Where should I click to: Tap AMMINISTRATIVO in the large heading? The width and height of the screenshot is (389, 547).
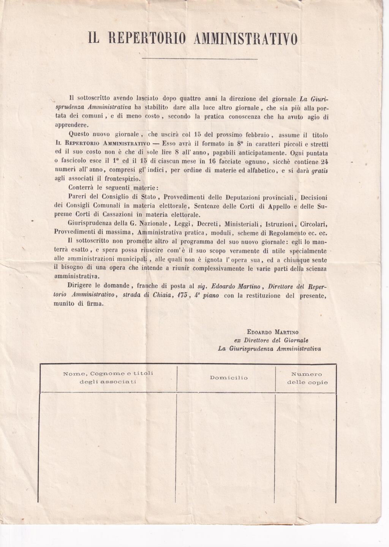(x=245, y=39)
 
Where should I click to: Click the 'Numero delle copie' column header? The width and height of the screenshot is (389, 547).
(x=307, y=378)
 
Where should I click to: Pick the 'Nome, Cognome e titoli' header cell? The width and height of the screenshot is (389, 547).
(x=108, y=377)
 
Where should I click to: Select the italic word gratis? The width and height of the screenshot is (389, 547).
(x=319, y=171)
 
